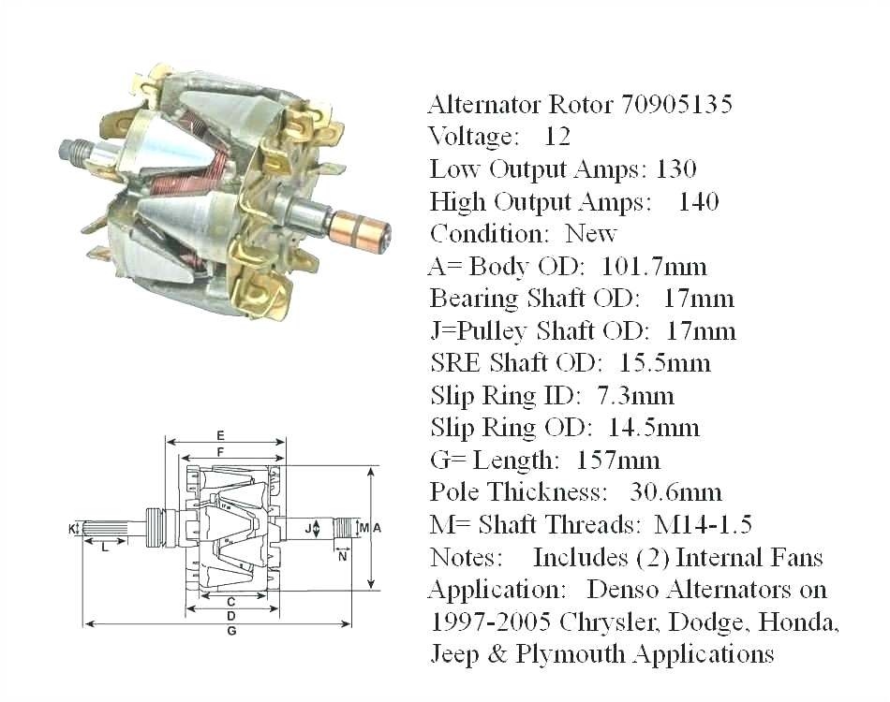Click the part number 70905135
coord(676,104)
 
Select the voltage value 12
coord(557,137)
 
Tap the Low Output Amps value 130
coord(676,169)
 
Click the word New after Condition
coord(591,234)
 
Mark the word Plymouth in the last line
coord(565,653)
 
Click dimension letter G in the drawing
coord(231,633)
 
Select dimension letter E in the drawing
coord(220,435)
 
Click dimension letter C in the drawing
coord(231,600)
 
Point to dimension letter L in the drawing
coord(104,548)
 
